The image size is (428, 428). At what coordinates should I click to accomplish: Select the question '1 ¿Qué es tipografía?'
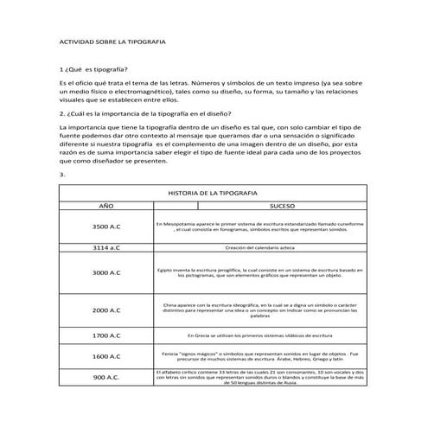coord(93,68)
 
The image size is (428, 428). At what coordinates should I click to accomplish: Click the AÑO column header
coord(105,208)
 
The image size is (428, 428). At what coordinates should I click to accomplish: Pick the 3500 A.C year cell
coord(105,227)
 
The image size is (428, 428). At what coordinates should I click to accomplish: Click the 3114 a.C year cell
coord(105,247)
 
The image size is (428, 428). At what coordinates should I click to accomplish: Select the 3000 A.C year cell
coord(105,272)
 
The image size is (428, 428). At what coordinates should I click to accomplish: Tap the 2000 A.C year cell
coord(105,310)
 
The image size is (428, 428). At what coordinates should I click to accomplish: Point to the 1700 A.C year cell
coord(105,335)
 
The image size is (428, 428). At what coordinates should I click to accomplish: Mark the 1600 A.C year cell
coord(105,355)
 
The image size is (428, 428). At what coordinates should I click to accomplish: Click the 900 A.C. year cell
coord(105,377)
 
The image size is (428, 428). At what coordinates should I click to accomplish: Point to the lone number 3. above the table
coord(61,174)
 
